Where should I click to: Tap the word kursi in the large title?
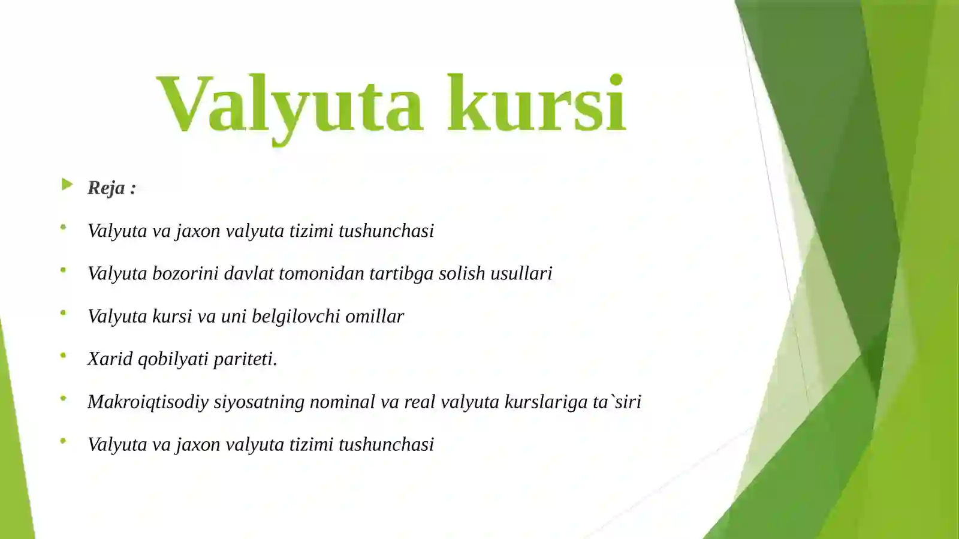pyautogui.click(x=536, y=103)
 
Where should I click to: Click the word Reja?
pyautogui.click(x=106, y=188)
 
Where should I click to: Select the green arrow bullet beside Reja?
pyautogui.click(x=67, y=185)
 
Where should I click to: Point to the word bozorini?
pyautogui.click(x=185, y=273)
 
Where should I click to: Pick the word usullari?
pyautogui.click(x=521, y=273)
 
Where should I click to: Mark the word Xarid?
pyautogui.click(x=110, y=359)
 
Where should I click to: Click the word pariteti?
pyautogui.click(x=245, y=359)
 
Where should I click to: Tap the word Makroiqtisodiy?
pyautogui.click(x=147, y=402)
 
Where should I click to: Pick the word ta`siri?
pyautogui.click(x=617, y=401)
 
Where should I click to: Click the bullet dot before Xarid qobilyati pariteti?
pyautogui.click(x=63, y=356)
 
